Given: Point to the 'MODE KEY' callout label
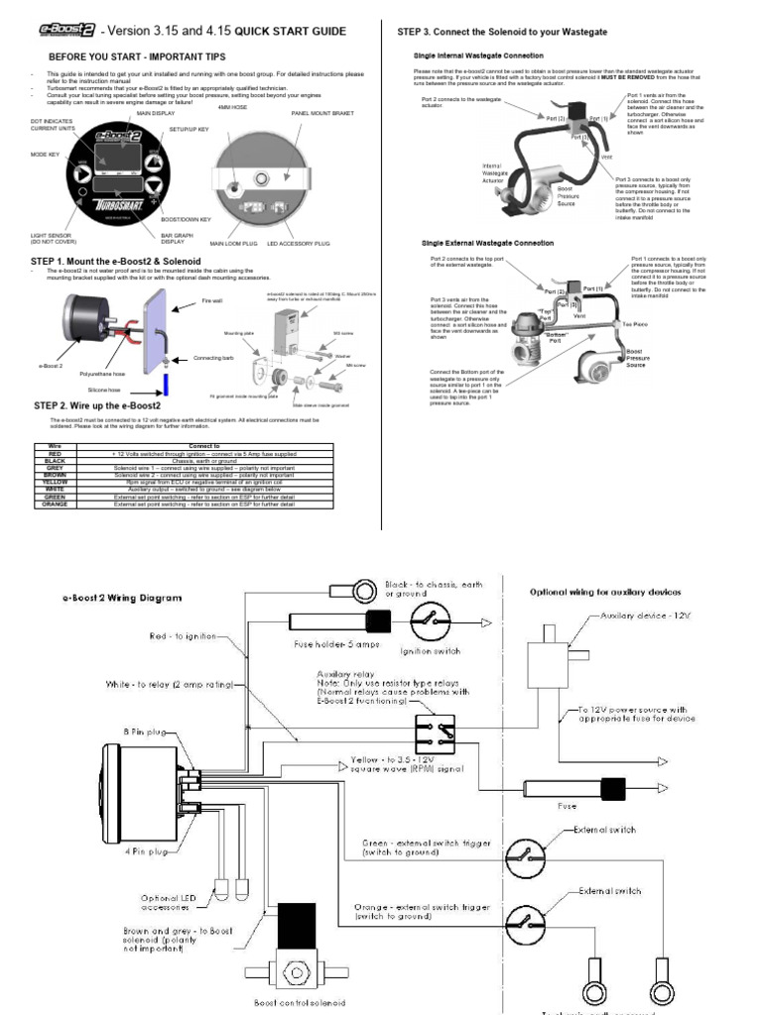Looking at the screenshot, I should click(x=45, y=155).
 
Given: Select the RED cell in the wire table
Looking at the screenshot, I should click(x=55, y=453).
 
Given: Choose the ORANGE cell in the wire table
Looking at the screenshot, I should click(x=55, y=505).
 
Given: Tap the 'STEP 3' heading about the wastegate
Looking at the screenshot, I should click(x=502, y=32).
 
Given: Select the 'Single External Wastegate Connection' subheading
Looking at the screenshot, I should click(x=487, y=243).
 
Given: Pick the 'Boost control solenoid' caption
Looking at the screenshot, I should click(x=300, y=1003).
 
